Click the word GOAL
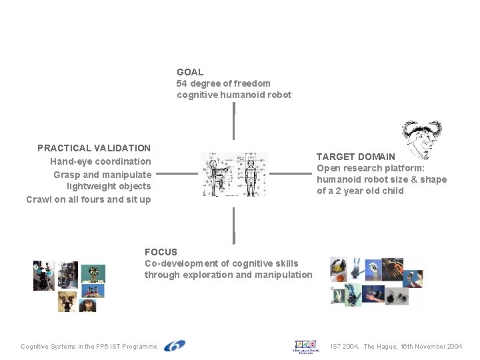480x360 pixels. [x=190, y=72]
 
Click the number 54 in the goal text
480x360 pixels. [x=182, y=83]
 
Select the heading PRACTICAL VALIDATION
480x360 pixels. [x=94, y=148]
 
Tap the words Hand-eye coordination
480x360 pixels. [x=101, y=161]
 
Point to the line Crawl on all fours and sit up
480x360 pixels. [x=89, y=199]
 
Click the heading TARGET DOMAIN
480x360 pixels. [x=355, y=157]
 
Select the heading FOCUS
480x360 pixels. [x=161, y=252]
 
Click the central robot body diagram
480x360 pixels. [x=234, y=174]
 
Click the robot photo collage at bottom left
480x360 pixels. [x=69, y=286]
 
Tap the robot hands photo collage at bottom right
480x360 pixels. [x=376, y=282]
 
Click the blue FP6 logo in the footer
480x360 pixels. [x=175, y=346]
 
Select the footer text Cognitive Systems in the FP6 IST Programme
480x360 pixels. [x=89, y=347]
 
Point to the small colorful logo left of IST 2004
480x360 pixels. [x=307, y=346]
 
